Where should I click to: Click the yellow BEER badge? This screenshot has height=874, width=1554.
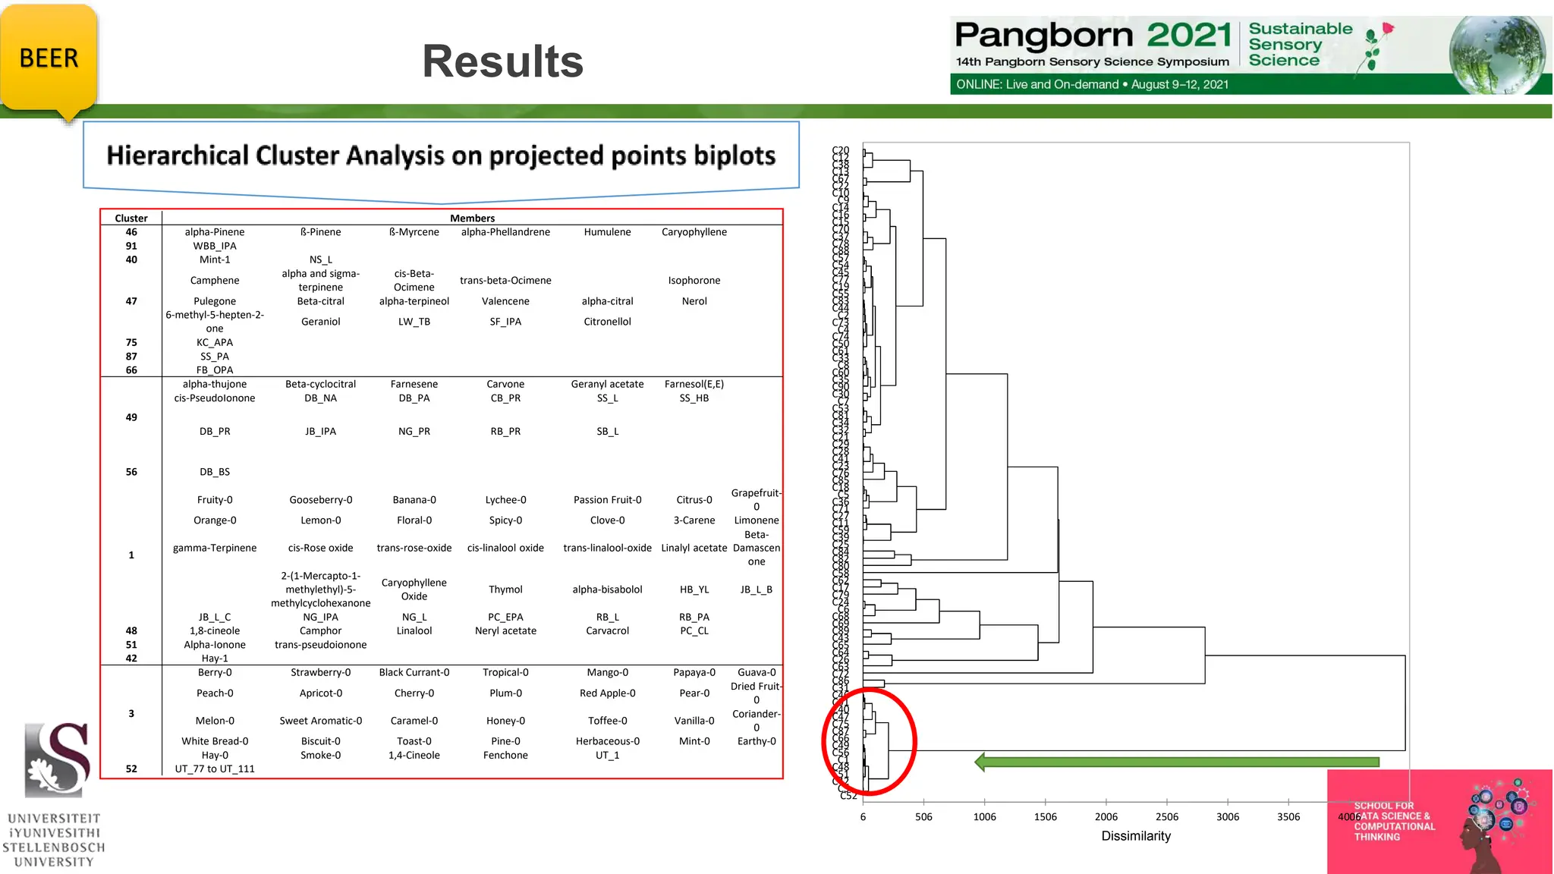coord(49,58)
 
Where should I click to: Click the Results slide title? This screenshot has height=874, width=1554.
coord(502,61)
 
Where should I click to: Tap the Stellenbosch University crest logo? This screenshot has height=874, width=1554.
coord(57,759)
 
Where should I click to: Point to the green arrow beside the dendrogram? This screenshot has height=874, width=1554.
coord(1176,762)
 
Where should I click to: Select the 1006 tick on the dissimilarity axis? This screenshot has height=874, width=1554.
coord(984,817)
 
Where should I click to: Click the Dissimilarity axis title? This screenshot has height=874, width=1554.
coord(1136,836)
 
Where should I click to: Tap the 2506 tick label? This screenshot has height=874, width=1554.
coord(1166,817)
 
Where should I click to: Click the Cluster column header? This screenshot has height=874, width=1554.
coord(131,218)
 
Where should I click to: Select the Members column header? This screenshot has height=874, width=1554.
coord(472,218)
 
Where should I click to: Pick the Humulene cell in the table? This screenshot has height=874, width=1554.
coord(607,232)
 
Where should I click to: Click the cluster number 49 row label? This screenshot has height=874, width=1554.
coord(131,417)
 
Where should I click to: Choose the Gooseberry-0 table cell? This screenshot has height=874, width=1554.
coord(320,500)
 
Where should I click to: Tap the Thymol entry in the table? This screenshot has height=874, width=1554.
coord(505,589)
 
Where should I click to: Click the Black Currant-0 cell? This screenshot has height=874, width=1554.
coord(414,673)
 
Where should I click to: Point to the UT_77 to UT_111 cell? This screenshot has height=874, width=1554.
coord(215,769)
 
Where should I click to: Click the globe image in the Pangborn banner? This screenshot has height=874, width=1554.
coord(1496,55)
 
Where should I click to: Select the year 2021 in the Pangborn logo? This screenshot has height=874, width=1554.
coord(1188,35)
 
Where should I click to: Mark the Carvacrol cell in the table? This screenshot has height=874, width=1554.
coord(607,631)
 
